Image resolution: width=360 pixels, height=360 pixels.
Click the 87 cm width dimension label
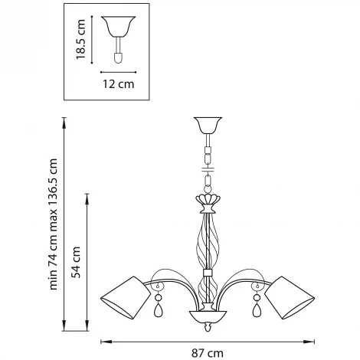(208, 353)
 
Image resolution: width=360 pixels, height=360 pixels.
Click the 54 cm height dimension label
(77, 262)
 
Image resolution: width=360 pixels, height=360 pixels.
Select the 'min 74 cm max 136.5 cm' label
(53, 224)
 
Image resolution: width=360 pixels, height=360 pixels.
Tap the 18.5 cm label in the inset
(80, 39)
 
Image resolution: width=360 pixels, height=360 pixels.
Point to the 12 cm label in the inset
(118, 84)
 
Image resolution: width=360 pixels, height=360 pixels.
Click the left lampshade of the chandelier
(126, 298)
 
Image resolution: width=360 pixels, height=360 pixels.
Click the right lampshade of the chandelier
(290, 298)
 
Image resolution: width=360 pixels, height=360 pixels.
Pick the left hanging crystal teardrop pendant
(159, 310)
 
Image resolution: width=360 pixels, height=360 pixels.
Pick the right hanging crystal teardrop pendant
(257, 310)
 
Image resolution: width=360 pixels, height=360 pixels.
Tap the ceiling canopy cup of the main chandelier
(208, 125)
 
